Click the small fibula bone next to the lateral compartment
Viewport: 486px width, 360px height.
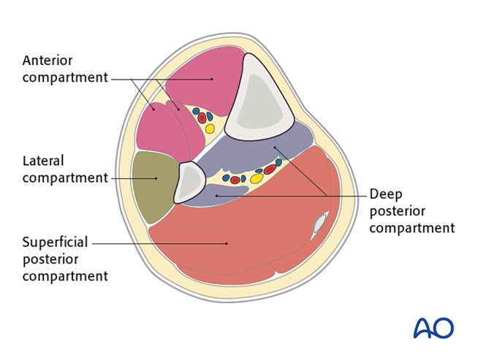(189, 182)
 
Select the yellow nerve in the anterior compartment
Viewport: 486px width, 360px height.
(210, 129)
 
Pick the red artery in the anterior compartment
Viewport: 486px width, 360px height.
(202, 118)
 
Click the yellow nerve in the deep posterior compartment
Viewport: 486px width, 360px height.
(257, 178)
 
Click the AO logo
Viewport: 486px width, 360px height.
(433, 328)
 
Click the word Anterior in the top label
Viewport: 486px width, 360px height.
(48, 60)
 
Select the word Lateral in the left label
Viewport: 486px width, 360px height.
(43, 161)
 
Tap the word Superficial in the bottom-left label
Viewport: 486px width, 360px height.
(54, 242)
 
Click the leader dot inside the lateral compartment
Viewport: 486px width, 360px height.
(156, 177)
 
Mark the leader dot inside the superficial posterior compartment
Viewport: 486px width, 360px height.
(226, 243)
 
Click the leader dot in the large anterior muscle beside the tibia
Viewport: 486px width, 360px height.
(211, 78)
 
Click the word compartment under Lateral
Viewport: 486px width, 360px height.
(65, 177)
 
